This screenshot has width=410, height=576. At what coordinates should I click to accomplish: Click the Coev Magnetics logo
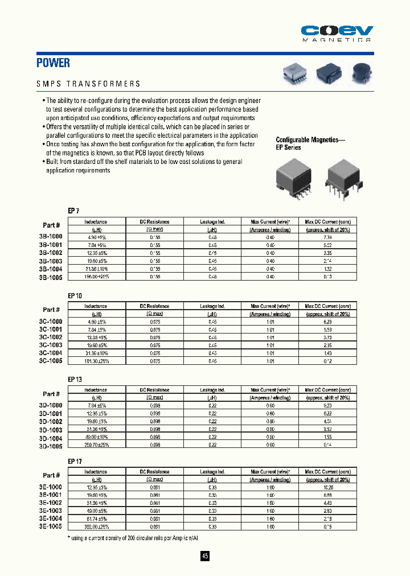click(x=336, y=33)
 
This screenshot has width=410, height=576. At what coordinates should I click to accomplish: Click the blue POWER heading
click(x=54, y=63)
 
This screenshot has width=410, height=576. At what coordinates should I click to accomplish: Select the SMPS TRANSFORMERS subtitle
click(x=88, y=84)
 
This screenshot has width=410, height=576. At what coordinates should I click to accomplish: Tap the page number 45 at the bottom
click(x=205, y=556)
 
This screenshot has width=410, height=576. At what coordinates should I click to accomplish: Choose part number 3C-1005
click(x=51, y=361)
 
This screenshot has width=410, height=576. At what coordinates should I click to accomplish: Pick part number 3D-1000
click(x=51, y=405)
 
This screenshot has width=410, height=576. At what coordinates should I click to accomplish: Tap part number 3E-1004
click(x=51, y=519)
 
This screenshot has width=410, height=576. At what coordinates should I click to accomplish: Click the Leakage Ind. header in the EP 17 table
click(x=212, y=472)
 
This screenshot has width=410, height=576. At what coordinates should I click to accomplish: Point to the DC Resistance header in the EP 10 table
click(x=154, y=306)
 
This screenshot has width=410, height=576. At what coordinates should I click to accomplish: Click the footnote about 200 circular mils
click(x=134, y=538)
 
